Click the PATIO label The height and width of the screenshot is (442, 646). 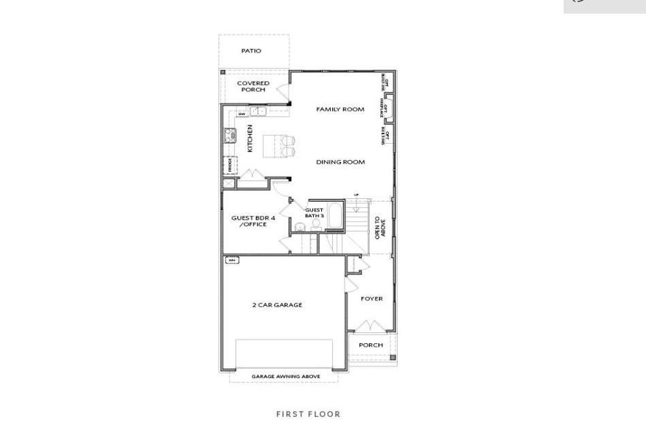coord(251,51)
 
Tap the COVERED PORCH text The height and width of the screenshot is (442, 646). coord(253,86)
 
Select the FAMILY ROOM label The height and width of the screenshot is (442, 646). coord(340,109)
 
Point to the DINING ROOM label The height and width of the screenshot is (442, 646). coord(340,162)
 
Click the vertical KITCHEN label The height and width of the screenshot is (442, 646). coord(250,138)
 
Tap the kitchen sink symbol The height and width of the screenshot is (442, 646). coord(257,112)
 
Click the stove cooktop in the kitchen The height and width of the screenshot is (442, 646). coord(229,136)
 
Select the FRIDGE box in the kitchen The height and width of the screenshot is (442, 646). coord(229,165)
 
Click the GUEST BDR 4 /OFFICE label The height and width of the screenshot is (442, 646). coord(253,221)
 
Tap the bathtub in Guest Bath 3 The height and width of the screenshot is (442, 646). coord(335,215)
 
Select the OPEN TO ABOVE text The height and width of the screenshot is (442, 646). coord(380,227)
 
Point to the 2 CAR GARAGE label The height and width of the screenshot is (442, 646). coord(277,305)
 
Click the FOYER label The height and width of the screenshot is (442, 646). coord(371,299)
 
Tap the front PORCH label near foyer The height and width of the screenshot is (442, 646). coord(371,345)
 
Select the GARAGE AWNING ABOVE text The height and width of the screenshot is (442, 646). coord(286,376)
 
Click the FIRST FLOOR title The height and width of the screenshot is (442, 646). coord(308,414)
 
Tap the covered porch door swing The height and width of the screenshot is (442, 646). coord(282,92)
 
